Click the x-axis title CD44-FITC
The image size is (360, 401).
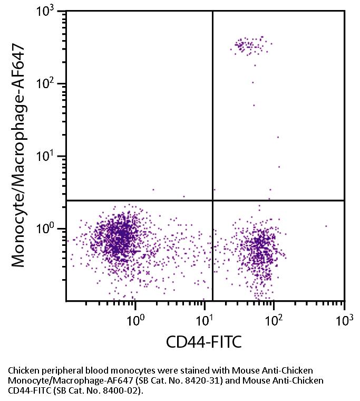pos(204,343)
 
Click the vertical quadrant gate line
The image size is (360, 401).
pos(212,106)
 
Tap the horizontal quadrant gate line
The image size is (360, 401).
pos(132,200)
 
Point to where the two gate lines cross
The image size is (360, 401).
pos(212,200)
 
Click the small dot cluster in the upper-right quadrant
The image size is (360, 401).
pos(251,45)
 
